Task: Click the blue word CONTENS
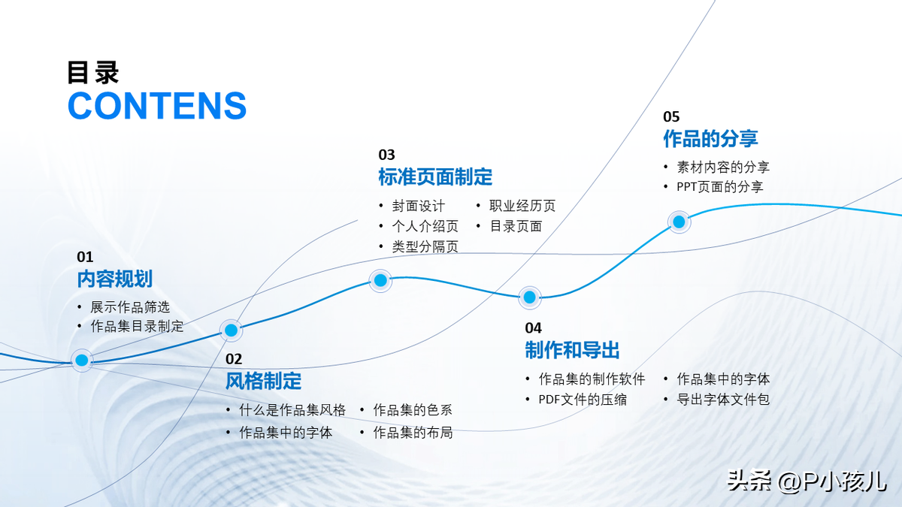point(157,105)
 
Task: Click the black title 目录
point(93,73)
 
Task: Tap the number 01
point(85,257)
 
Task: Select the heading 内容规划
point(115,279)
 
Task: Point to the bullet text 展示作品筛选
point(130,307)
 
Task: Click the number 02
point(234,359)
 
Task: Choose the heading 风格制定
point(263,381)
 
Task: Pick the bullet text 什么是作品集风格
point(292,410)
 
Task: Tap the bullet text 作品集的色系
point(413,410)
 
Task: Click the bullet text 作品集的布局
point(413,433)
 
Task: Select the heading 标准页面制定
point(435,177)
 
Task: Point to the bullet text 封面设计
point(419,206)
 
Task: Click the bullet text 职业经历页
point(522,206)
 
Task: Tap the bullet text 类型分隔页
point(425,246)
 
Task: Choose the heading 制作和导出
point(572,350)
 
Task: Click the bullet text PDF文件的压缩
point(583,400)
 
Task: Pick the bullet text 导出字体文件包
point(723,399)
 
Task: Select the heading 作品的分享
point(711,138)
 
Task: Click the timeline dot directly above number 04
point(529,297)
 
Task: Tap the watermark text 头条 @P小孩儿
point(807,481)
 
